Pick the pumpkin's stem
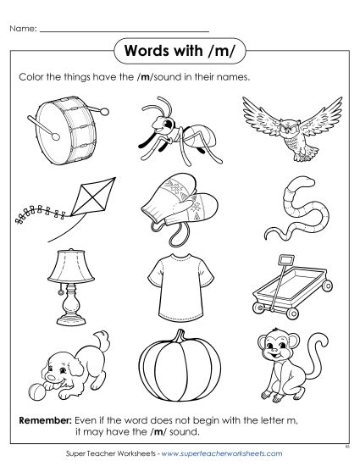pos(179,338)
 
